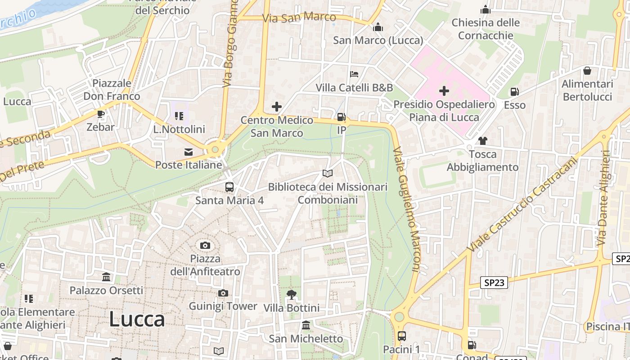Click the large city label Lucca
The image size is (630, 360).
(137, 319)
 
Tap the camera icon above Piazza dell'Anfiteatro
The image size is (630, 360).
(205, 245)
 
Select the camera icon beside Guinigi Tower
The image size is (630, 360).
(223, 293)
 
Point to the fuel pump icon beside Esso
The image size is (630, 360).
(514, 92)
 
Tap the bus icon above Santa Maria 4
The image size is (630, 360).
(229, 187)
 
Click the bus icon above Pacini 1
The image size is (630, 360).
(401, 336)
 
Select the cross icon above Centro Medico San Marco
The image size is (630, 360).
(277, 107)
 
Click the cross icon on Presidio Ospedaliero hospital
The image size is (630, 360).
(444, 91)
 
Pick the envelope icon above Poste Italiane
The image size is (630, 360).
(189, 152)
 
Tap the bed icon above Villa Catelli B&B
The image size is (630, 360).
(354, 74)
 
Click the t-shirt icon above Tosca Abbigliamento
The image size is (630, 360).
(482, 141)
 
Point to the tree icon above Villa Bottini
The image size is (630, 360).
(291, 295)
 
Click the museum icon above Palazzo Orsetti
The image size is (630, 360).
(106, 277)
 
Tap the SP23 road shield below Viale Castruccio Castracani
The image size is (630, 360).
(494, 283)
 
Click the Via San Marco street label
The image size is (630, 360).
(299, 18)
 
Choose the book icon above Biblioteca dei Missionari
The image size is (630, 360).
(328, 174)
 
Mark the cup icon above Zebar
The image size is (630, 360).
(101, 114)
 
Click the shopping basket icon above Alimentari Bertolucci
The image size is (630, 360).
(587, 71)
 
